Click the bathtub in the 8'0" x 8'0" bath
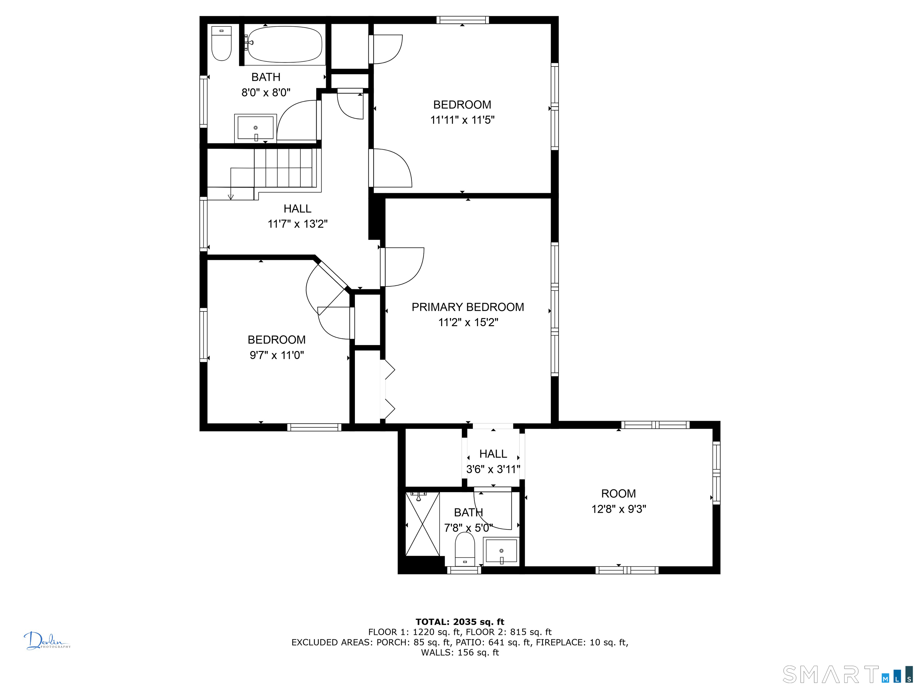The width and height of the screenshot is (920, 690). point(285,45)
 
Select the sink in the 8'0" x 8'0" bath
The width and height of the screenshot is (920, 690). point(255,128)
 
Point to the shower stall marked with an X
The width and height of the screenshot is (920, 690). point(422,523)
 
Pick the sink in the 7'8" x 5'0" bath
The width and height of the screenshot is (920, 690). point(501,552)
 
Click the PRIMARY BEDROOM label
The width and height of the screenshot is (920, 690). point(468,307)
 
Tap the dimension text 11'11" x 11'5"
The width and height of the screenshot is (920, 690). point(462,120)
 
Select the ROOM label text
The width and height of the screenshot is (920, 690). point(618,494)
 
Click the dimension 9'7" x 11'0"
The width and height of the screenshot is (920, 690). point(277,355)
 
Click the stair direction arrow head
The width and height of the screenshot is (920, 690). point(231,197)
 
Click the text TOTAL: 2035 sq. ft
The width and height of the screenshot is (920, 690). point(460,622)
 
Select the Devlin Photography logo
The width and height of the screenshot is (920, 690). point(47,641)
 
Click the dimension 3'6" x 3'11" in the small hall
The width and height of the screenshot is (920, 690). point(493,470)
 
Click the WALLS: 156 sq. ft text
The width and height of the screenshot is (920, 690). point(460,653)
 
